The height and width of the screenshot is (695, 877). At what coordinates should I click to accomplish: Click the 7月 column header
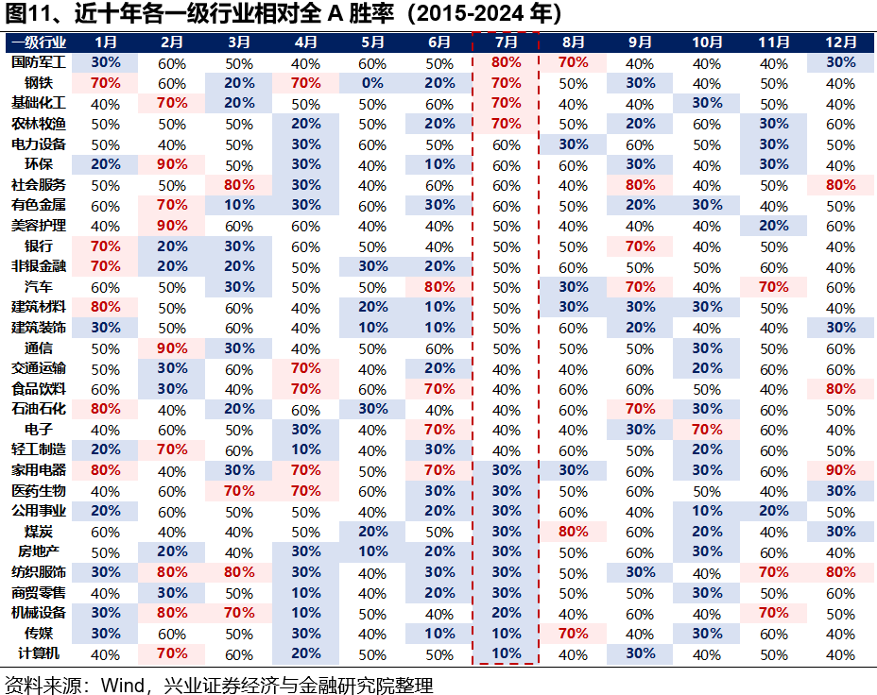[x=506, y=42]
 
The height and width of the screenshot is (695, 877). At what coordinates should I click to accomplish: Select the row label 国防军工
[x=39, y=63]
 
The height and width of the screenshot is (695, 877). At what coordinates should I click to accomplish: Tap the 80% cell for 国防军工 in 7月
[x=506, y=63]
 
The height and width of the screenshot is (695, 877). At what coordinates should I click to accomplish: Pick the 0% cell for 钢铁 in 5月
[x=372, y=83]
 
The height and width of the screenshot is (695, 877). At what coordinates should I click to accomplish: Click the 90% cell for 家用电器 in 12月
[x=840, y=470]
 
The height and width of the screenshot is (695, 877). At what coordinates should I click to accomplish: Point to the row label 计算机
[x=39, y=654]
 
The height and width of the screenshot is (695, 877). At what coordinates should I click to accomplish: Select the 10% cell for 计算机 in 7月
[x=506, y=654]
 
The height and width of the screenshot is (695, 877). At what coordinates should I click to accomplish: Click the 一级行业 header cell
[x=39, y=42]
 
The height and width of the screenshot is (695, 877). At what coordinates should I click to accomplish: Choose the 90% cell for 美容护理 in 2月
[x=172, y=227]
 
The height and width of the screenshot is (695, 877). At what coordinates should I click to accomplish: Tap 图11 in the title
[x=26, y=14]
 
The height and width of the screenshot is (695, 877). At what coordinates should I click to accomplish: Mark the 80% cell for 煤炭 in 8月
[x=573, y=532]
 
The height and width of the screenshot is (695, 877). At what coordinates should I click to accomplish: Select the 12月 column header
[x=840, y=42]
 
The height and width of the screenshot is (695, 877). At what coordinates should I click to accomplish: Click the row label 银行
[x=39, y=246]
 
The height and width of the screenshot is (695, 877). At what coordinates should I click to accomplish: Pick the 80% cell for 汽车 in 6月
[x=439, y=287]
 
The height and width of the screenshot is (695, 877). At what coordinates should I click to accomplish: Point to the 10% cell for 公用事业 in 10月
[x=707, y=511]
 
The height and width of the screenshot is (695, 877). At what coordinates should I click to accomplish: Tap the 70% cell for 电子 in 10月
[x=707, y=430]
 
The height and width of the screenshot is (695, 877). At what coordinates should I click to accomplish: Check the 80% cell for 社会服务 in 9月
[x=640, y=185]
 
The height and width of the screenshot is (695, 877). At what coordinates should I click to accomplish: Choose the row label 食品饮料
[x=39, y=389]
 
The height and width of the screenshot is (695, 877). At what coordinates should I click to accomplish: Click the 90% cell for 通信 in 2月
[x=172, y=348]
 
